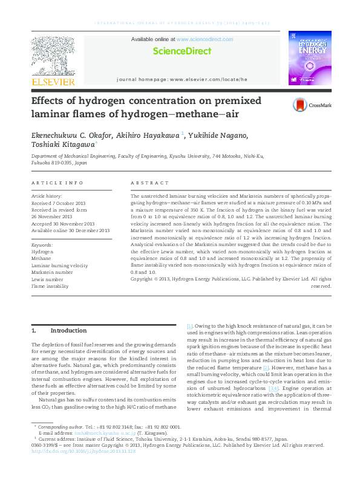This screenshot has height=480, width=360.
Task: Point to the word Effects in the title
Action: [x=49, y=101]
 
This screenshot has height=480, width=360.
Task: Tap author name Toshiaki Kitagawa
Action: [x=62, y=145]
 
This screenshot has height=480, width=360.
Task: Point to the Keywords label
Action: [x=42, y=245]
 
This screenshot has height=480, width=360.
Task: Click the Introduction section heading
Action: [x=68, y=331]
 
